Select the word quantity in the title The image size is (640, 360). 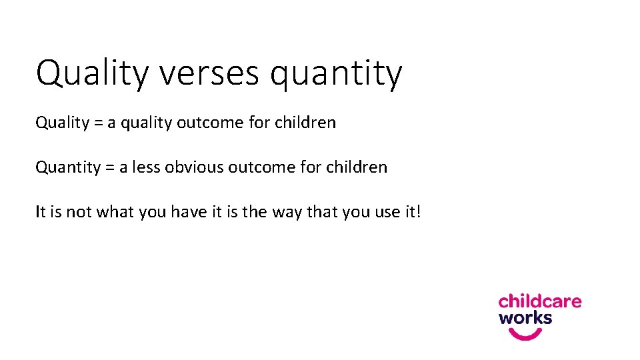[x=336, y=75]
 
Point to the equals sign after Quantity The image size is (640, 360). [x=110, y=167]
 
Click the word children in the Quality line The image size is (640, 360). [x=305, y=123]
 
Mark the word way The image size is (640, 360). [x=285, y=213]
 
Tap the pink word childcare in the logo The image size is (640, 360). [x=540, y=301]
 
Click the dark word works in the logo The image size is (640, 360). [x=525, y=318]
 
